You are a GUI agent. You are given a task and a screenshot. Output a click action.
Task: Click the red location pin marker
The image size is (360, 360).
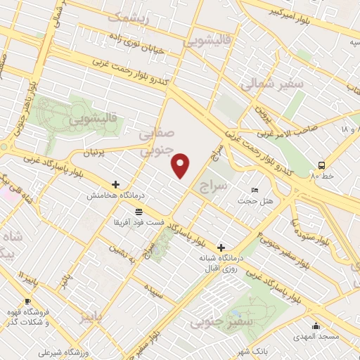point(181,165)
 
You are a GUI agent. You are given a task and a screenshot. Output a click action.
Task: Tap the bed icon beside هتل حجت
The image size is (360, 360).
point(255,190)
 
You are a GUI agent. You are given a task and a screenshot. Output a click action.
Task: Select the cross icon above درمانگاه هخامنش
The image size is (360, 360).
point(115,184)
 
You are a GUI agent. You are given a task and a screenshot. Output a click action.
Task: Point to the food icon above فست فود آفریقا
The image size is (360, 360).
point(139,211)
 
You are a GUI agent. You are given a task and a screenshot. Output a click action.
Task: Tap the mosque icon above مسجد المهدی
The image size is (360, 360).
point(316,326)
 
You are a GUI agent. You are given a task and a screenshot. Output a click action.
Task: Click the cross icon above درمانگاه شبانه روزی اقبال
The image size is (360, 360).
point(221,247)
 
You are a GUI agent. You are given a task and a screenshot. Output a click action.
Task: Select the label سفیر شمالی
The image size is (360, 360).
point(264,85)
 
